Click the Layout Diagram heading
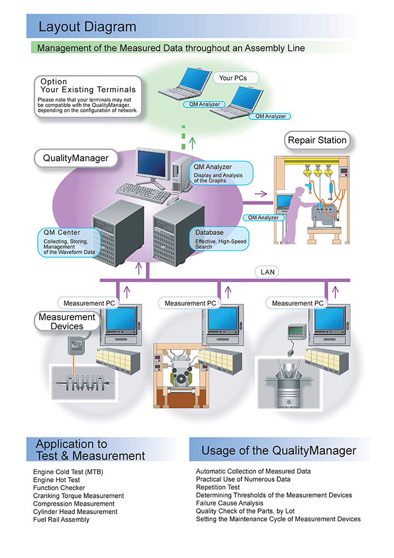pos(87,26)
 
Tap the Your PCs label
pos(233,78)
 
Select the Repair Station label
pos(317,140)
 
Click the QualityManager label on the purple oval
pos(76,159)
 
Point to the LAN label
pos(268,272)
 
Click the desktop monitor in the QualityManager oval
pos(153,164)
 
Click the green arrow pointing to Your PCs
pos(192,143)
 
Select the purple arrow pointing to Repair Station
pos(260,193)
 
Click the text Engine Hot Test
pos(56,480)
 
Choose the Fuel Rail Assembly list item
pos(61,519)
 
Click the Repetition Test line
pos(218,487)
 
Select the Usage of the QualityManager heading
pos(279,451)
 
